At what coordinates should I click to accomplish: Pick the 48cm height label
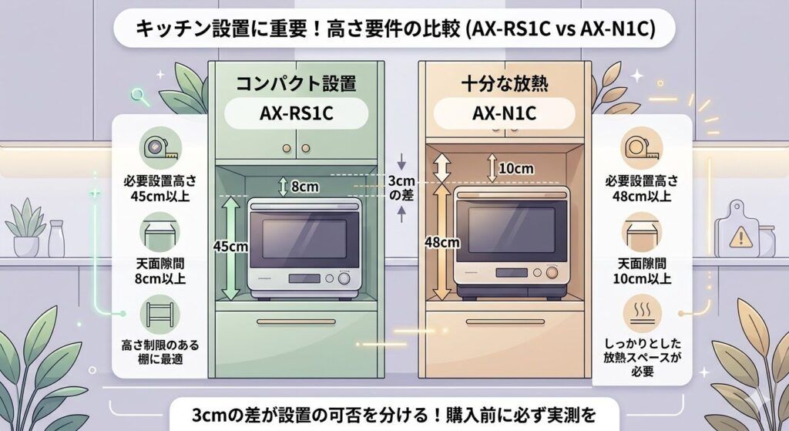[x=442, y=242]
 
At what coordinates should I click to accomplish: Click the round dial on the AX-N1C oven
[x=552, y=273]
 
